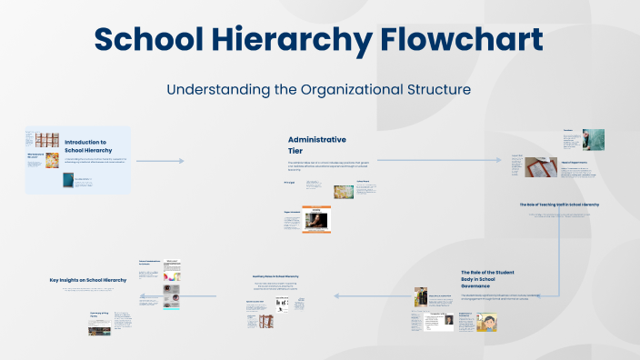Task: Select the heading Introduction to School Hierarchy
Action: pyautogui.click(x=85, y=145)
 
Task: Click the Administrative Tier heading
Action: pyautogui.click(x=316, y=145)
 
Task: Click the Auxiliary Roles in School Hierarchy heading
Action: pyautogui.click(x=275, y=275)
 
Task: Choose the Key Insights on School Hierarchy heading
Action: pyautogui.click(x=88, y=280)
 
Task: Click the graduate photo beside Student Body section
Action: pyautogui.click(x=422, y=297)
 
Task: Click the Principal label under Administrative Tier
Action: pyautogui.click(x=289, y=183)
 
